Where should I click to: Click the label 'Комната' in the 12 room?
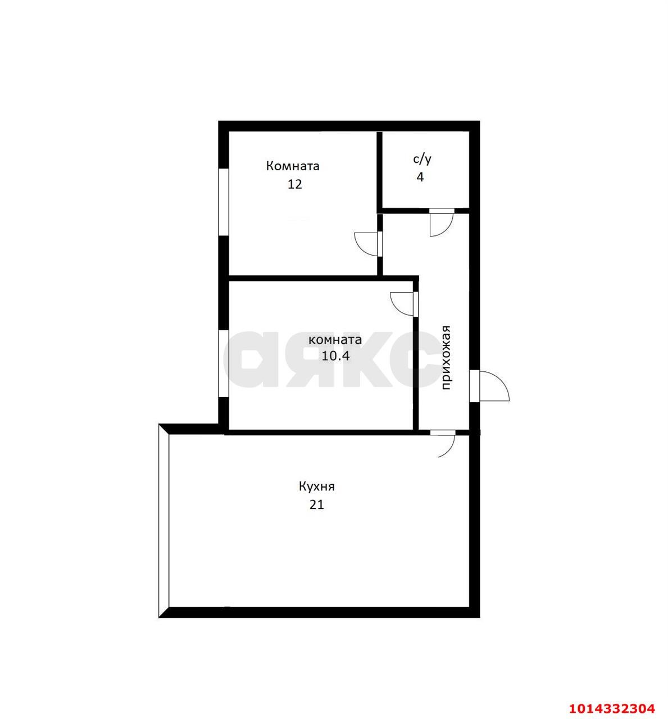293,166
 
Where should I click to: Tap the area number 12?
294,184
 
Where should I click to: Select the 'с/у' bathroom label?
422,160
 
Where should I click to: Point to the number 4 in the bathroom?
420,178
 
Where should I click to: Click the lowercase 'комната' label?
335,340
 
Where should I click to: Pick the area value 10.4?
335,356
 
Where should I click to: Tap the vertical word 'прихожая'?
447,357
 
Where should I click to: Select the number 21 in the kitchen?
317,504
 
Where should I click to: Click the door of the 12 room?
369,243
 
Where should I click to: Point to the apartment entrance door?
490,386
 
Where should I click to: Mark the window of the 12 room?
224,202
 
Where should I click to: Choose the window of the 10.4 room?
224,363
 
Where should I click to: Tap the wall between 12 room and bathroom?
379,169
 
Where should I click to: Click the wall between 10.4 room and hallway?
416,371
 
